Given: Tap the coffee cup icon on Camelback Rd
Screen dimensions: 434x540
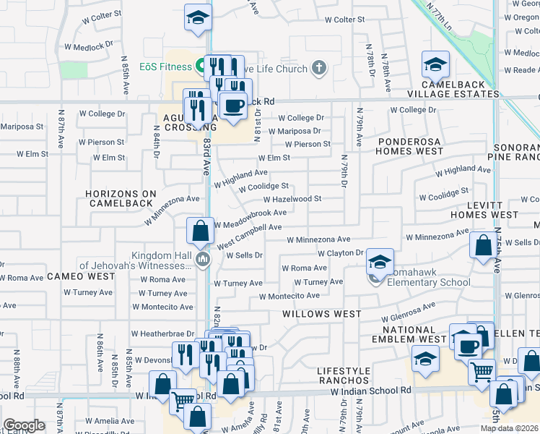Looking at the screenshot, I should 232,106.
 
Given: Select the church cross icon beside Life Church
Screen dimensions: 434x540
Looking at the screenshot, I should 318,69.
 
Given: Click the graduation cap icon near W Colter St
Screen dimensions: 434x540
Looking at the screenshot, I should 196,18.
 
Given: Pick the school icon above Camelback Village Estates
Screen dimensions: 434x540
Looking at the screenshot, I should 435,65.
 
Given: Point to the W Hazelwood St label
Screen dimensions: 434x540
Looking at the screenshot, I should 292,199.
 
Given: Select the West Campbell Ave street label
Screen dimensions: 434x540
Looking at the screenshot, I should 249,227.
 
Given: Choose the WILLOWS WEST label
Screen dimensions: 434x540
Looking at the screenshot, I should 322,314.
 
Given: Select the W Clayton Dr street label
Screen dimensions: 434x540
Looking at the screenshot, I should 341,252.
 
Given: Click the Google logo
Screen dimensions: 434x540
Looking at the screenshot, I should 24,425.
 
